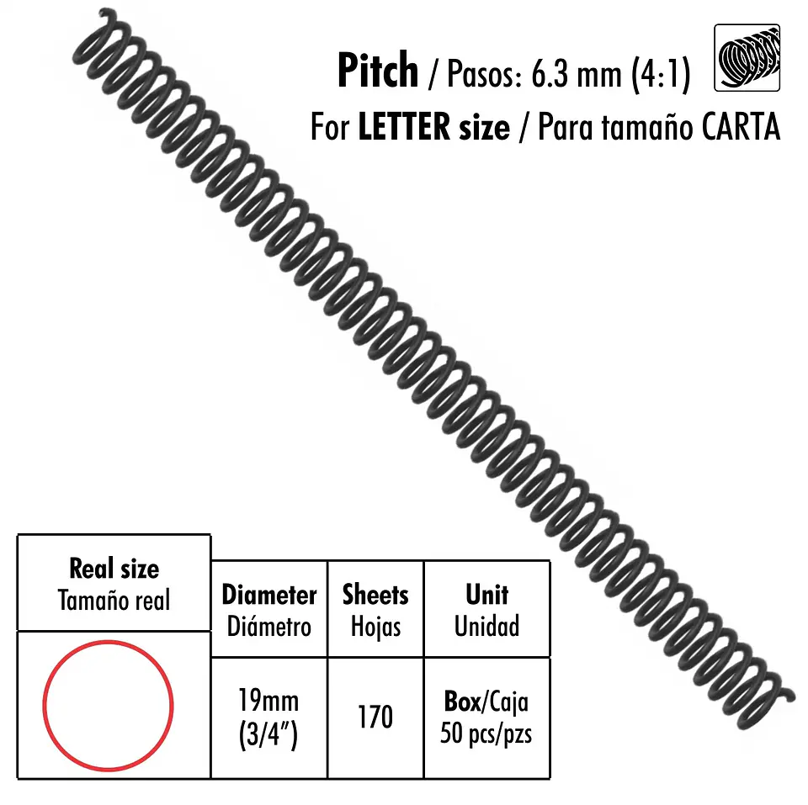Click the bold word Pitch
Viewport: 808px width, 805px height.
coord(378,71)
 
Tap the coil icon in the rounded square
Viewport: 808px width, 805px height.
coord(747,58)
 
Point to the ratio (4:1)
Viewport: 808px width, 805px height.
coord(661,75)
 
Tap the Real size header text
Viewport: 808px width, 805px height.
coord(114,569)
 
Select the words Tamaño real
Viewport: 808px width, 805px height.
coord(114,601)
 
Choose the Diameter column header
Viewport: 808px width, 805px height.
coord(269,595)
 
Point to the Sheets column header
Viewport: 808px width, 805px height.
coord(375,595)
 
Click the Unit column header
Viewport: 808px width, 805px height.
coord(487,595)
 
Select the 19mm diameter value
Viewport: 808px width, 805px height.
coord(268,701)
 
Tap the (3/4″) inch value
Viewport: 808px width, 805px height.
coord(268,734)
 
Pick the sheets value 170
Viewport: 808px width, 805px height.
coord(375,717)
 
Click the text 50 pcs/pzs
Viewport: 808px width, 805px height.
coord(486,734)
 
